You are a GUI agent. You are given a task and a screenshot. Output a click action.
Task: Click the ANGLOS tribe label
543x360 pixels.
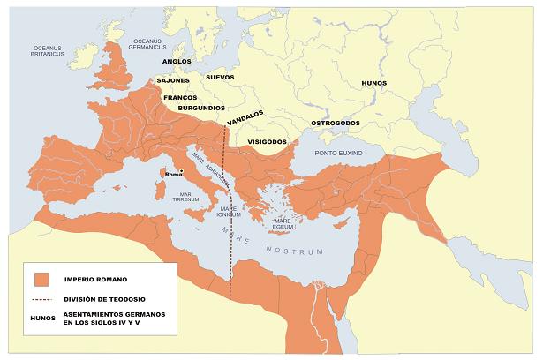pos(178,62)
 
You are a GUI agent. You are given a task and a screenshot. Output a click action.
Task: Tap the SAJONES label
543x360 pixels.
pos(173,80)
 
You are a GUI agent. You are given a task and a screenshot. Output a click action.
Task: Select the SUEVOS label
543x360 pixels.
pos(220,78)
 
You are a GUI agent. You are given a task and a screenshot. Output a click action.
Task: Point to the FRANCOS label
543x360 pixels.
pos(180,97)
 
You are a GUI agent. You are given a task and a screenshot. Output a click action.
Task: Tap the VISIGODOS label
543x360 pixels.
pos(267,141)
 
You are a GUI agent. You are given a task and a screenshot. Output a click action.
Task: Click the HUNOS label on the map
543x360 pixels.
pos(373,83)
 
